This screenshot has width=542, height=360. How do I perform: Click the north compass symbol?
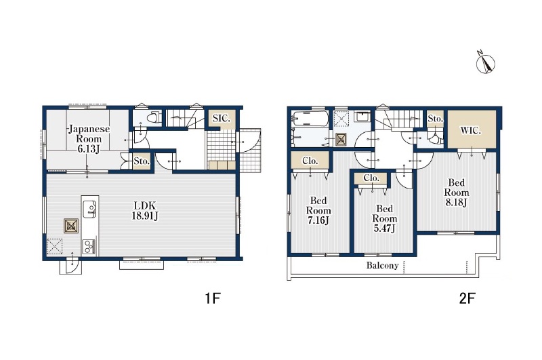coord(485,63)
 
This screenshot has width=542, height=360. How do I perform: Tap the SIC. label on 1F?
coord(222,118)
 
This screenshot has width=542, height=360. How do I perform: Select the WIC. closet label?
coord(470,131)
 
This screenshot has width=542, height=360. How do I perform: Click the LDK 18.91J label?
coord(145,210)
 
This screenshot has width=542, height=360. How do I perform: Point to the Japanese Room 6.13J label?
coord(89,139)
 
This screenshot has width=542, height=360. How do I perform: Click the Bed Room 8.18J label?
coord(456,193)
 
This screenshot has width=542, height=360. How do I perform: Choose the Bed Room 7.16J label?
coord(318,210)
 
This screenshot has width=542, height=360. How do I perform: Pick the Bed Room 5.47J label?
coord(384,218)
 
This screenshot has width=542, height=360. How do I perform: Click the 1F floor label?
coord(213,298)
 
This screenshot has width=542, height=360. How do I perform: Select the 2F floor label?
coord(467,298)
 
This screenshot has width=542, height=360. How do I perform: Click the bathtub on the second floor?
coord(310,119)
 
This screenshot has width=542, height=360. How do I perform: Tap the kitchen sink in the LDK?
coord(89,209)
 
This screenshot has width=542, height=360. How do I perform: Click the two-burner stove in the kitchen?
coord(89,247)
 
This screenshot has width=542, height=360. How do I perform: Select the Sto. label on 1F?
coord(142,161)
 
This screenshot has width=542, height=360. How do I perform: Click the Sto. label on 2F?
coord(435,119)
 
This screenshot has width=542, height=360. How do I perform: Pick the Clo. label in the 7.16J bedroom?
coord(310,161)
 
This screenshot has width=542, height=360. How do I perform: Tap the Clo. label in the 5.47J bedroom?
coord(371,178)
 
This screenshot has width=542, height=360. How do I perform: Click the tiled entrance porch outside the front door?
coord(250,151)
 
